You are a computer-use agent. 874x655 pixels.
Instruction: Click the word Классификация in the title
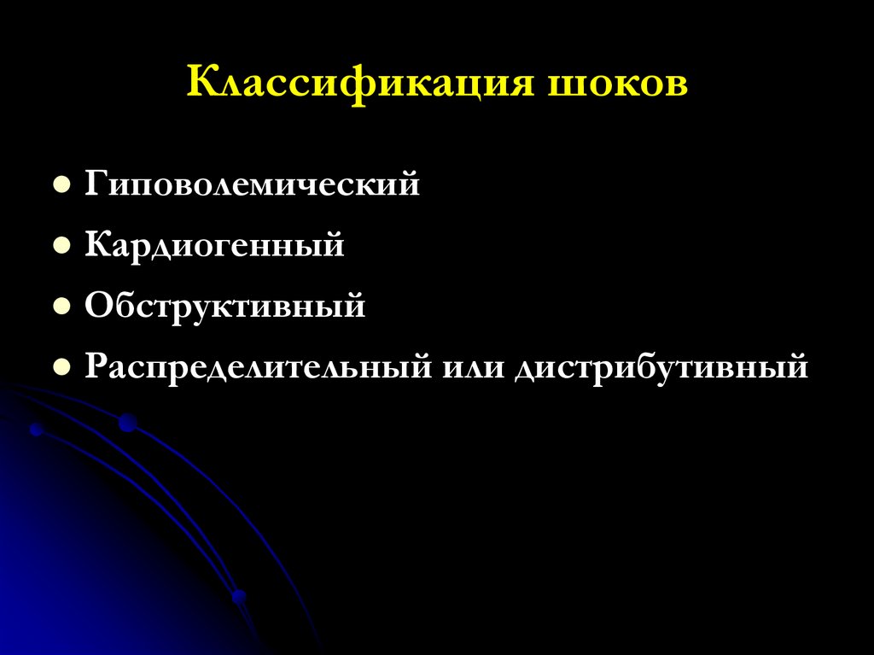(358, 85)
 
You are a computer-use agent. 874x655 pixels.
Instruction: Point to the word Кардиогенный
(214, 245)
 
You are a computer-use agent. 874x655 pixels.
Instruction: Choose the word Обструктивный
(224, 306)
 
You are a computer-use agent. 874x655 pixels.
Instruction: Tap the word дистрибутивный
(660, 368)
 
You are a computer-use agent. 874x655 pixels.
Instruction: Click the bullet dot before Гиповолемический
(61, 184)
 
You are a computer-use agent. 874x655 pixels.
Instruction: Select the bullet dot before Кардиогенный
(61, 246)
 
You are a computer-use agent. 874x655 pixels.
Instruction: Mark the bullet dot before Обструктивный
(61, 307)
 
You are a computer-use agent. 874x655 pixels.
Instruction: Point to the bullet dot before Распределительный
(61, 368)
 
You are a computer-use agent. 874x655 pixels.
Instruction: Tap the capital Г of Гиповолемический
(95, 184)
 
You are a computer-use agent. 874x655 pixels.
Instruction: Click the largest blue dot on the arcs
(127, 422)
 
